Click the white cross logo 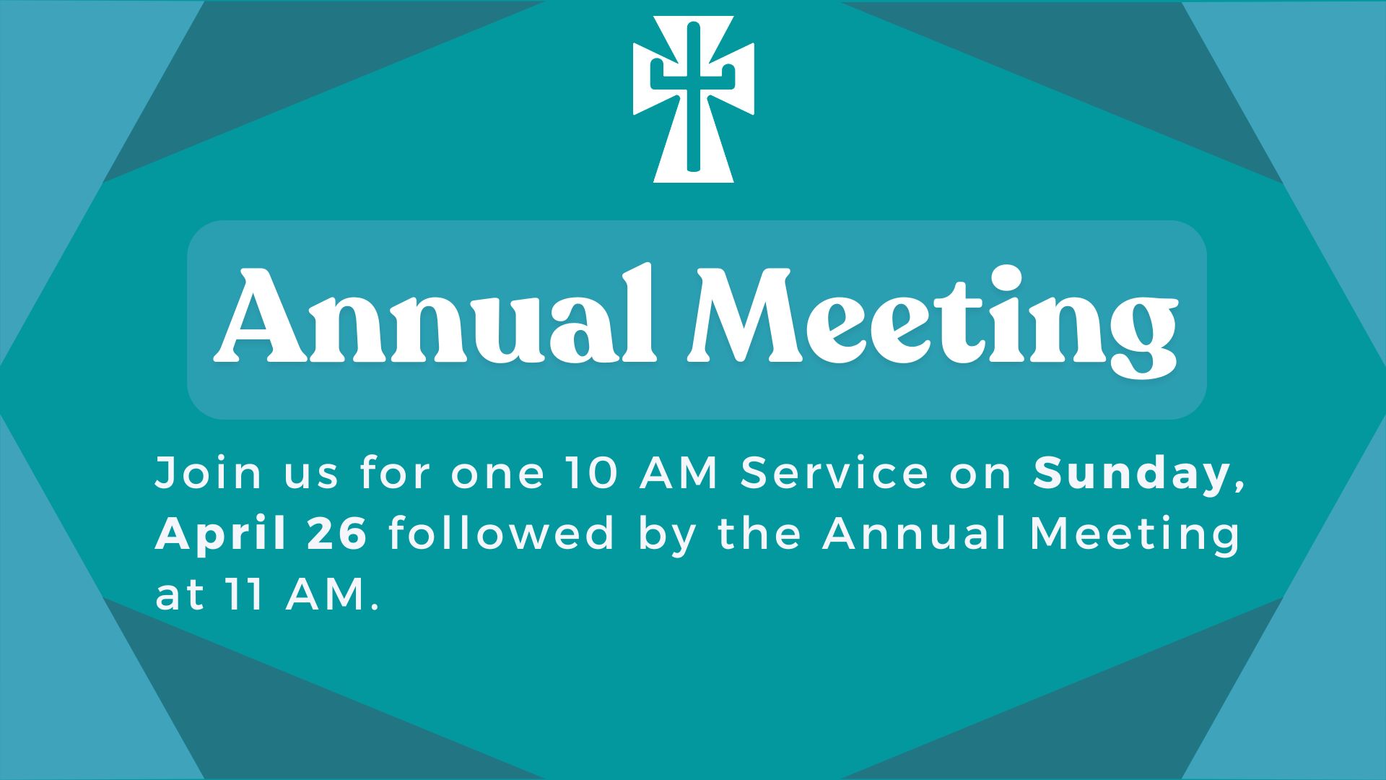(693, 100)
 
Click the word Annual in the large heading (435, 316)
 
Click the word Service (834, 474)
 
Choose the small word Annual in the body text (915, 534)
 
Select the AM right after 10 (679, 474)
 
